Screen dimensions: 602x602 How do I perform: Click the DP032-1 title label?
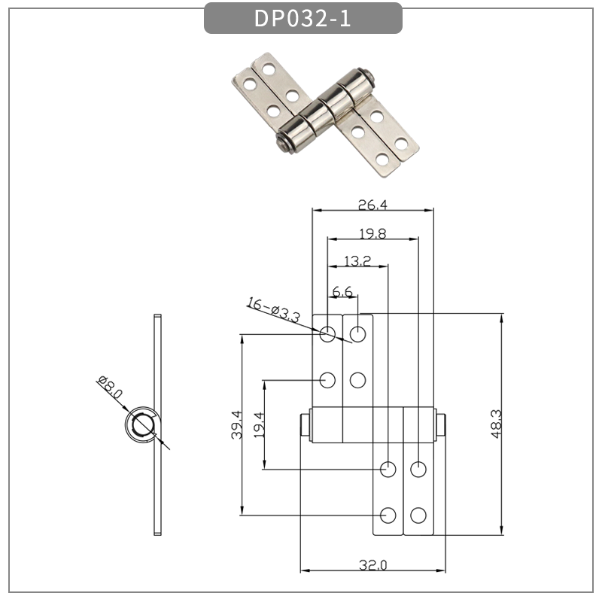pyautogui.click(x=303, y=19)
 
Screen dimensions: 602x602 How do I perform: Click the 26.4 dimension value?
pyautogui.click(x=373, y=204)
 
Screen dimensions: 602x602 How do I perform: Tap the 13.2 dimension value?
pyautogui.click(x=357, y=261)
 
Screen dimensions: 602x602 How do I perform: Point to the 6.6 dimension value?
pyautogui.click(x=342, y=290)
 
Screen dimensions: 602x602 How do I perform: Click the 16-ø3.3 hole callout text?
pyautogui.click(x=273, y=309)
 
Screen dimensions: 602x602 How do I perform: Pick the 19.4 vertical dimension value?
pyautogui.click(x=258, y=425)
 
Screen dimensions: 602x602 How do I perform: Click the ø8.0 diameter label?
pyautogui.click(x=110, y=390)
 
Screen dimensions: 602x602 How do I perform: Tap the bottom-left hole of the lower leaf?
pyautogui.click(x=388, y=515)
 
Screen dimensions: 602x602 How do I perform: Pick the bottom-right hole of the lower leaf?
pyautogui.click(x=419, y=515)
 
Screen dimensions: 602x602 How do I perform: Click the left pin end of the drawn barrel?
pyautogui.click(x=304, y=426)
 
